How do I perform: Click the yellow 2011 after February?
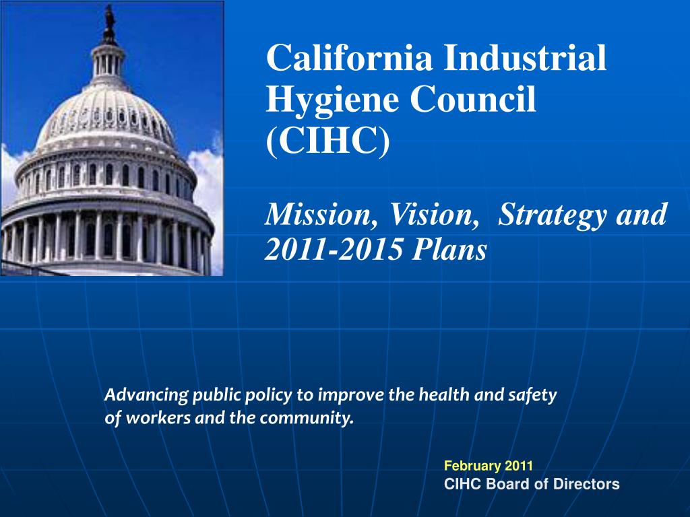click(x=519, y=465)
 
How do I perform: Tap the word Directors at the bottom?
click(x=591, y=483)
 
